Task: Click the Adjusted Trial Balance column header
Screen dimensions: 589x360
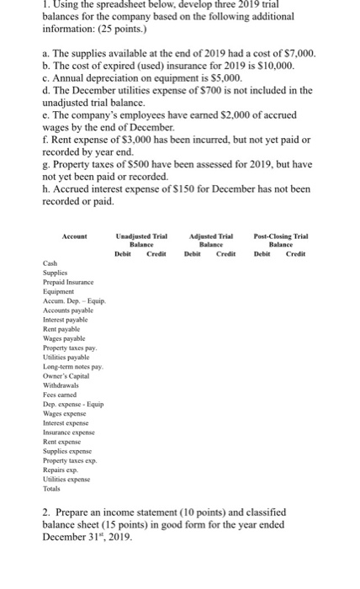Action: pos(212,240)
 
